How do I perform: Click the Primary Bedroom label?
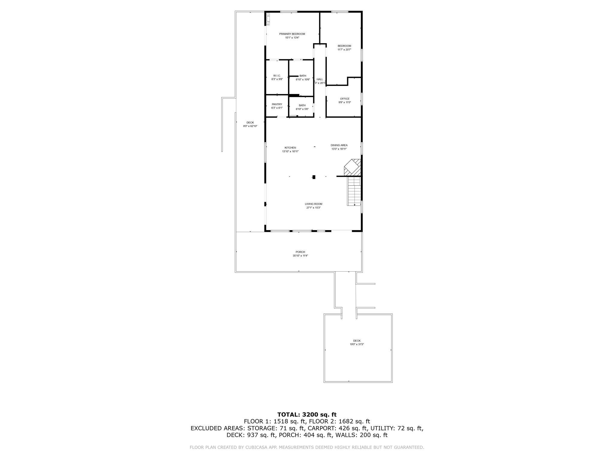(292, 34)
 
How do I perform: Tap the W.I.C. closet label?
(277, 75)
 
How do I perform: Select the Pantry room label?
(277, 104)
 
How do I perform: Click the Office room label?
(344, 99)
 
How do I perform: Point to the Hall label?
(320, 79)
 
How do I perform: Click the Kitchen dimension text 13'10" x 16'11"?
(290, 152)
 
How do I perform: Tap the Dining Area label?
(339, 145)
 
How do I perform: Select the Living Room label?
(313, 204)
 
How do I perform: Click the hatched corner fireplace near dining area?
(353, 167)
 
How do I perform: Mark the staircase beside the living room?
(354, 191)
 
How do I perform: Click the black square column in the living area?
(314, 177)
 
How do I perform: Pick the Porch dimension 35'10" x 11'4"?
(300, 256)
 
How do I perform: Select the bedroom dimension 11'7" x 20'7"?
(344, 50)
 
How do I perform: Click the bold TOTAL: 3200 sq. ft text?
(307, 414)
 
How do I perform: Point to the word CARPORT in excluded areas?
(320, 428)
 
